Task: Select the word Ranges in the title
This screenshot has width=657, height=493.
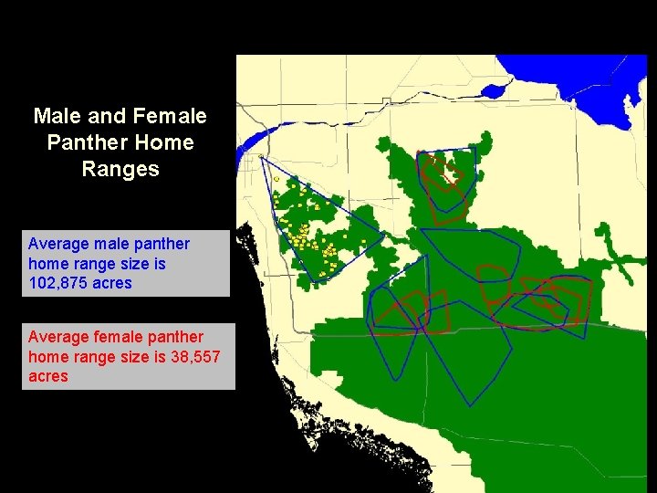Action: click(120, 169)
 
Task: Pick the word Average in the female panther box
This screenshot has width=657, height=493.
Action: click(57, 337)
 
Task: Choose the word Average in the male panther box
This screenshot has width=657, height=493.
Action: click(57, 244)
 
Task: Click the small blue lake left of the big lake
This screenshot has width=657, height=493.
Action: click(494, 91)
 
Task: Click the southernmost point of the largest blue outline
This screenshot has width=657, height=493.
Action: click(469, 404)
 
